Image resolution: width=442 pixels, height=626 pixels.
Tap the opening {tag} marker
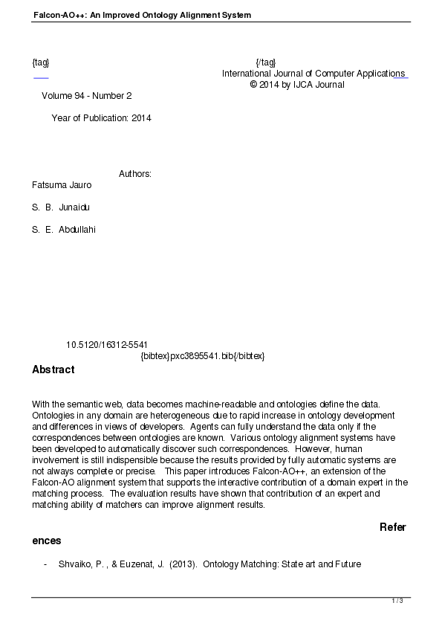pyautogui.click(x=41, y=62)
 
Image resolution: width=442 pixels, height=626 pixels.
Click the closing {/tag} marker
pyautogui.click(x=265, y=62)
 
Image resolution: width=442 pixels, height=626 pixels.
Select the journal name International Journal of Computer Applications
pyautogui.click(x=313, y=74)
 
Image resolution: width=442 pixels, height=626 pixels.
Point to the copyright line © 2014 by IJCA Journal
pyautogui.click(x=297, y=85)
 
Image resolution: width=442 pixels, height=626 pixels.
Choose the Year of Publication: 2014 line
pyautogui.click(x=101, y=117)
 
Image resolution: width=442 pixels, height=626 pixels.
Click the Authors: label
pyautogui.click(x=135, y=174)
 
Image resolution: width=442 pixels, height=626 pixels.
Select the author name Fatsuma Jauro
pyautogui.click(x=62, y=185)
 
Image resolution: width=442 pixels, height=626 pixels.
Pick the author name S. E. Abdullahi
pyautogui.click(x=64, y=230)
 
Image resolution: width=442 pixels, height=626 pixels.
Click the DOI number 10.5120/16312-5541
pyautogui.click(x=107, y=345)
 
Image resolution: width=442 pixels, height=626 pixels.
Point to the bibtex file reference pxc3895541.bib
pyautogui.click(x=202, y=356)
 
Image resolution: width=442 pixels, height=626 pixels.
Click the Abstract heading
pyautogui.click(x=53, y=370)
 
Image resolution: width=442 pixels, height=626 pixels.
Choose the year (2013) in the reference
pyautogui.click(x=183, y=564)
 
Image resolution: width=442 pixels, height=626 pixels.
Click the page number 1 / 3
pyautogui.click(x=397, y=601)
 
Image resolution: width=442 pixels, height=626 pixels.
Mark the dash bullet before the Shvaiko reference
pyautogui.click(x=45, y=564)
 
